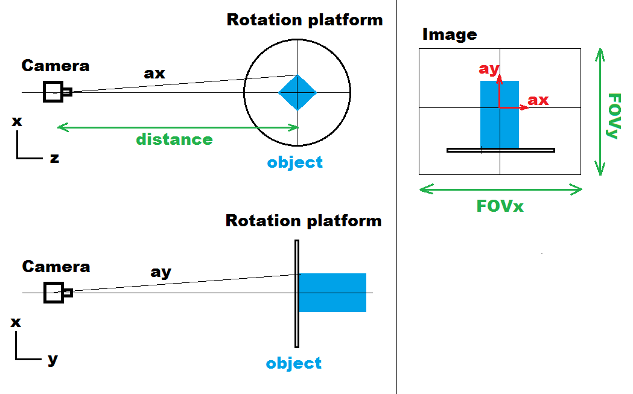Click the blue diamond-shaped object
[x=297, y=92]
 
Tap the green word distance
[x=174, y=139]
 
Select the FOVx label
[x=500, y=206]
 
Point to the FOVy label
[x=614, y=116]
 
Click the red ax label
[x=538, y=100]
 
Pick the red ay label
[x=488, y=69]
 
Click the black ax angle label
[x=154, y=73]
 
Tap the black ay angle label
[x=161, y=272]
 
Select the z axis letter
[x=54, y=159]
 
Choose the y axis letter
[x=53, y=360]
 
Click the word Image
[x=450, y=34]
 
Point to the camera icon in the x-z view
[x=56, y=92]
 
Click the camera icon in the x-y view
[x=57, y=293]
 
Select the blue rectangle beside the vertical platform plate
[x=332, y=293]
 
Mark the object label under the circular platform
[x=294, y=162]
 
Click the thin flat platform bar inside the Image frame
[x=500, y=150]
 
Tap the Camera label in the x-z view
[x=56, y=66]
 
